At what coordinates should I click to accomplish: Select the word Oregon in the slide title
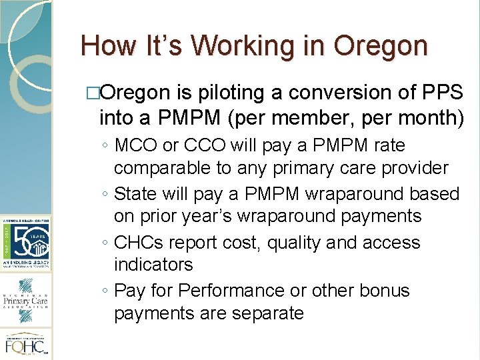pyautogui.click(x=381, y=46)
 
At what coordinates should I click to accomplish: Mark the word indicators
pyautogui.click(x=153, y=265)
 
